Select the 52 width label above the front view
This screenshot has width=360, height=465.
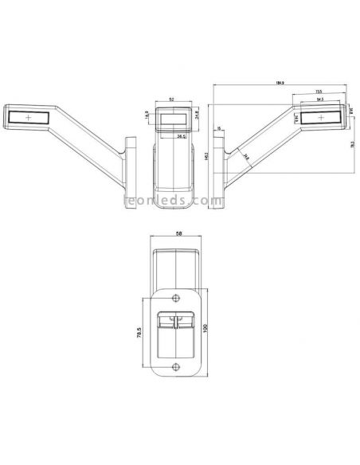pos(173,99)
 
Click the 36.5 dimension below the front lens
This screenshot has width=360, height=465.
pos(182,136)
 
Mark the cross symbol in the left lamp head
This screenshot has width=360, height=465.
pos(29,118)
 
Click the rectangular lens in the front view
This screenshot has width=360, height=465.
pos(174,119)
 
